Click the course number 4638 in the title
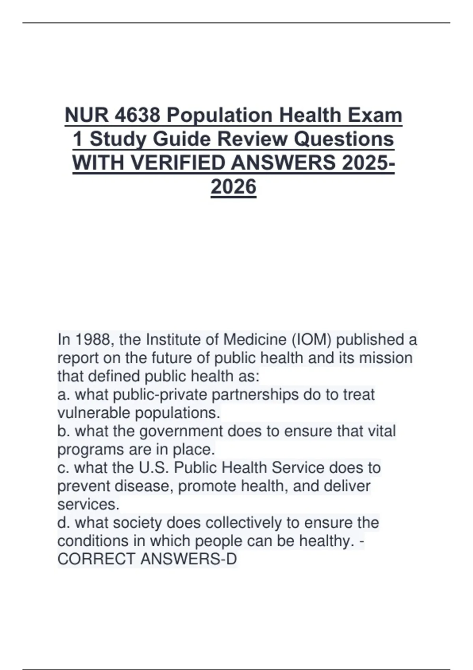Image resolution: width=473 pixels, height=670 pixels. click(138, 115)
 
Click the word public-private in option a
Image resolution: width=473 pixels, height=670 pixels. click(141, 395)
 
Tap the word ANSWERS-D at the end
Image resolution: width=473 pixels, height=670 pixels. click(188, 559)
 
